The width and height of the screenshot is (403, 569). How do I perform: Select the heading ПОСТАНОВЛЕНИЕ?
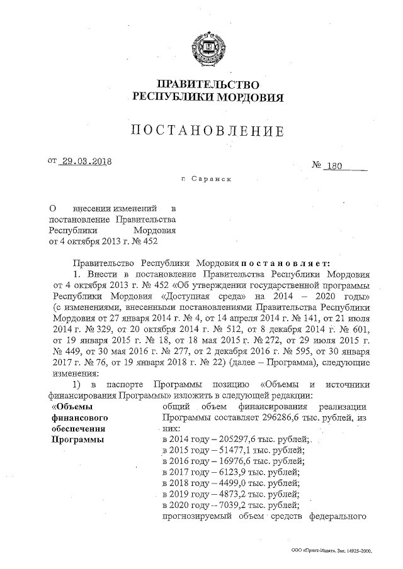tap(207, 131)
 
